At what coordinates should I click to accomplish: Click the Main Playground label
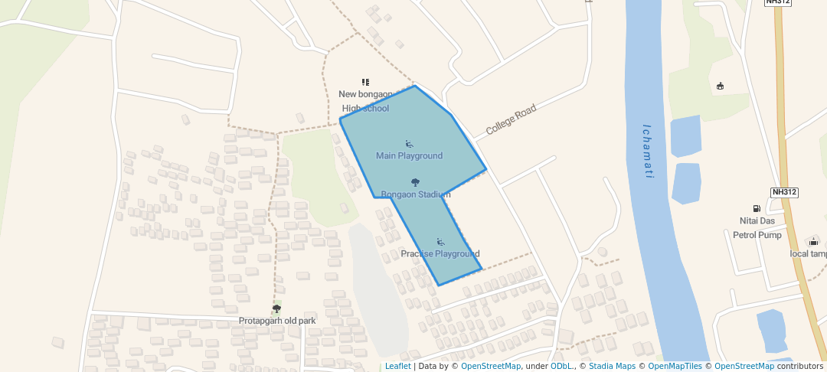coord(409,156)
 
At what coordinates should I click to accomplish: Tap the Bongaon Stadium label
coord(415,194)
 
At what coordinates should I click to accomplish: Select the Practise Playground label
coord(440,254)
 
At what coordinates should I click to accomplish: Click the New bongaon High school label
coord(365,101)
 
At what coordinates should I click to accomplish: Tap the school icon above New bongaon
coord(365,82)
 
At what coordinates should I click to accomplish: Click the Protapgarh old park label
coord(276,321)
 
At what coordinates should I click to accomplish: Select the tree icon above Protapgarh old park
coord(276,308)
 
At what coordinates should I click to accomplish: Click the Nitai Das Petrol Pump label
coord(755,228)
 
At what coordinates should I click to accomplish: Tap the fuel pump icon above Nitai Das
coord(757,208)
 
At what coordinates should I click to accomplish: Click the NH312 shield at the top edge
coord(777,2)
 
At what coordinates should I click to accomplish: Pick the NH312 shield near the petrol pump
coord(784,192)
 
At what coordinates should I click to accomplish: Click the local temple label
coord(809,254)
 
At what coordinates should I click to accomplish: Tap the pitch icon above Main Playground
coord(409,144)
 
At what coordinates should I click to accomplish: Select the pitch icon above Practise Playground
coord(440,242)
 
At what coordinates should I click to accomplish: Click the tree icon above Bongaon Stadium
coord(415,182)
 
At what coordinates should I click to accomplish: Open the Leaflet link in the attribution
coord(397,367)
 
